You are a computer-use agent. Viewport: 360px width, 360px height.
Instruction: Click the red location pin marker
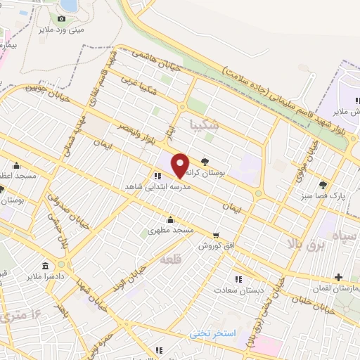point(181,165)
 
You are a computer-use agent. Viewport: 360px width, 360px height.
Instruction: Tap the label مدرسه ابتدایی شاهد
point(188,185)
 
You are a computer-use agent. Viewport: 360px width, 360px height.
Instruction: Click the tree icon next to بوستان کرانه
point(205,161)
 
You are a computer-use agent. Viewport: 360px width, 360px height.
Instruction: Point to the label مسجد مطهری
point(170,231)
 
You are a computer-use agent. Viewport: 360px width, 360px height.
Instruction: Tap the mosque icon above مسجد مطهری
point(169,220)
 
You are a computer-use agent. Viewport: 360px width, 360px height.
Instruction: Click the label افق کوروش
point(210,245)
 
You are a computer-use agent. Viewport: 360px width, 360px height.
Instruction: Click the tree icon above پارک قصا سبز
point(323,185)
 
